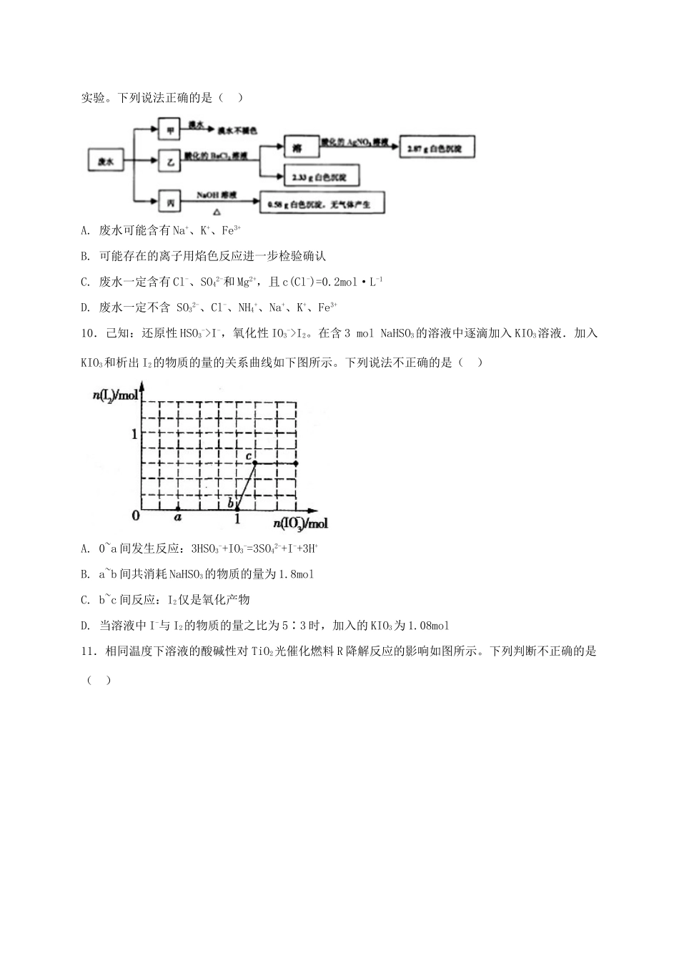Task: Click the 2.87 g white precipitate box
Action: pyautogui.click(x=436, y=148)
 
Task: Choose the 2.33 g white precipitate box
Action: pyautogui.click(x=320, y=177)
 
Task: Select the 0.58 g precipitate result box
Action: pyautogui.click(x=322, y=204)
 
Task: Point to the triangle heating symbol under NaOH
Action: pyautogui.click(x=217, y=212)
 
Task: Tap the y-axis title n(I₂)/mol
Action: pyautogui.click(x=114, y=395)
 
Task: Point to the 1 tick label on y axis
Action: pyautogui.click(x=133, y=433)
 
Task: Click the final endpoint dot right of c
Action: pyautogui.click(x=296, y=463)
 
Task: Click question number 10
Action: pyautogui.click(x=89, y=333)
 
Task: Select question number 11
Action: pyautogui.click(x=89, y=651)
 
